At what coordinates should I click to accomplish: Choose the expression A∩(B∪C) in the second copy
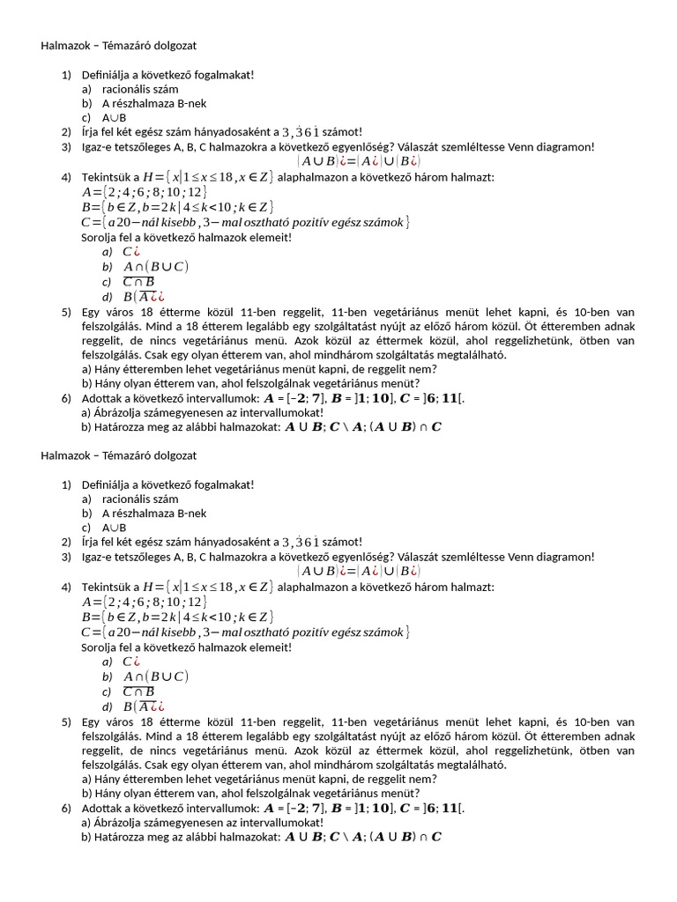156,676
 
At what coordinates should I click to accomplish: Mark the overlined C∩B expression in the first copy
138,282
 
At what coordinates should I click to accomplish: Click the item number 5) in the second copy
67,721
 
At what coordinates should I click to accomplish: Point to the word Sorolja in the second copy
99,647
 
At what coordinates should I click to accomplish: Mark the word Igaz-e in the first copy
97,146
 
